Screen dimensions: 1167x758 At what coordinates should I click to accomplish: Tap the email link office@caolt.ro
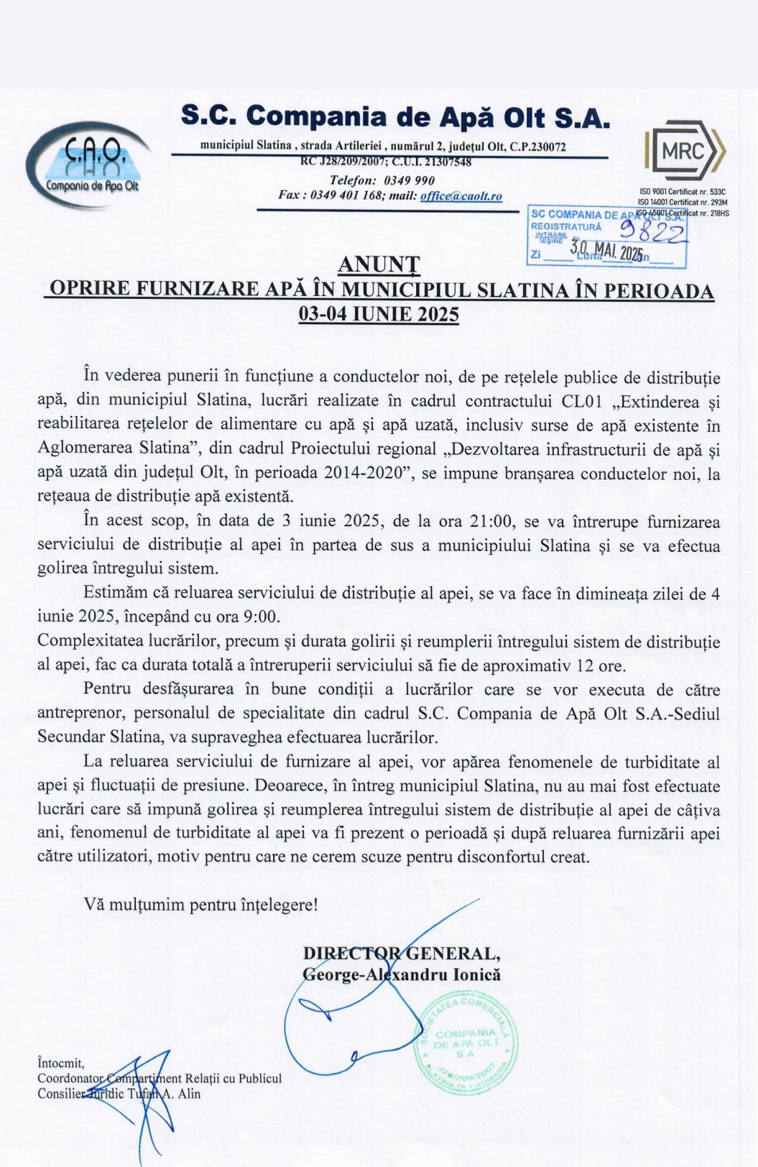461,196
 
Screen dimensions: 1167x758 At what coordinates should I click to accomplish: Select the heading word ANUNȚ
379,264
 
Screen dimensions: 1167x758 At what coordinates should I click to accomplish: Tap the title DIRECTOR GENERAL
402,954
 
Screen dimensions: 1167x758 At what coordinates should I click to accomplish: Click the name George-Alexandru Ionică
402,975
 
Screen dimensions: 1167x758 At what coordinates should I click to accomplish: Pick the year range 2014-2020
362,474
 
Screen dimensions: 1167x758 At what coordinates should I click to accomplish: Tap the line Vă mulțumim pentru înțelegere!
200,904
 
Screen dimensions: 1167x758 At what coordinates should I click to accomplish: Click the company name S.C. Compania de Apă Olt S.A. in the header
395,116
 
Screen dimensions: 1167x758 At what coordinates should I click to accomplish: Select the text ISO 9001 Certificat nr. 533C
683,192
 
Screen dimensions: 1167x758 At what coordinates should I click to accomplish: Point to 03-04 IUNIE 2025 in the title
379,315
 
